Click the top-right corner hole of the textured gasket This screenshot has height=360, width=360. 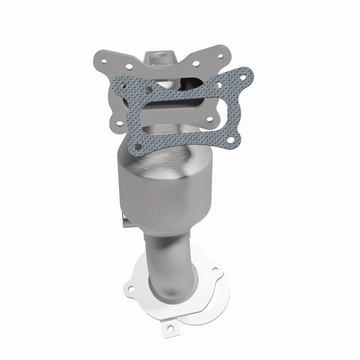click(x=243, y=77)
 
